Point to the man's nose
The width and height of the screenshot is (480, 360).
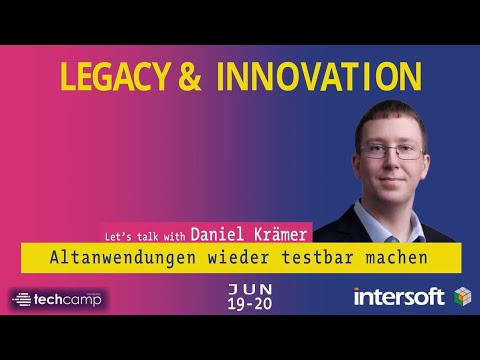pyautogui.click(x=391, y=163)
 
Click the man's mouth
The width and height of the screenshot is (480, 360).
pyautogui.click(x=392, y=179)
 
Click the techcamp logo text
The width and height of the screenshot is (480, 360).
pyautogui.click(x=69, y=299)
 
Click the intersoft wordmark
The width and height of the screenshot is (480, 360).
pyautogui.click(x=398, y=297)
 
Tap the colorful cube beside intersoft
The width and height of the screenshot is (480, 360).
pyautogui.click(x=461, y=297)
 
